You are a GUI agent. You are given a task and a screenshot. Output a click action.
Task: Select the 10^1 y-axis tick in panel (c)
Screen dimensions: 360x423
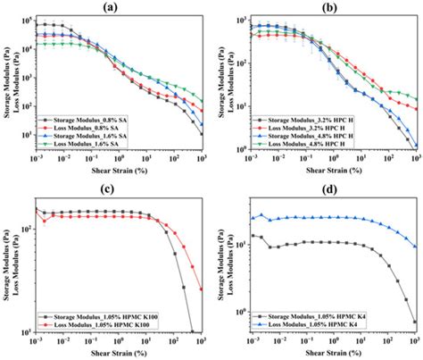tap(29, 332)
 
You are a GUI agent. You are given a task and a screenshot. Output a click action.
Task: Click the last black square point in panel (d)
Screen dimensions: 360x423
tap(414, 322)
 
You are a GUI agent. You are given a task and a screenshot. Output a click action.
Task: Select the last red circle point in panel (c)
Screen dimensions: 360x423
tap(202, 289)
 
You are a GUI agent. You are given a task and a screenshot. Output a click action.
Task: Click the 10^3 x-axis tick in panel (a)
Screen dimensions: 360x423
tap(202, 162)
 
